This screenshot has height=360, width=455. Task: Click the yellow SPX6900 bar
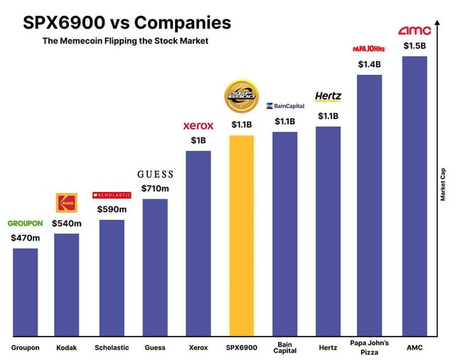click(x=242, y=235)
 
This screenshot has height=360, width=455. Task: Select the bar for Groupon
click(x=25, y=292)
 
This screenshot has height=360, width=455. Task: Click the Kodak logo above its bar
click(x=66, y=203)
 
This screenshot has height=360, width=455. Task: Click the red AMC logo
click(x=414, y=31)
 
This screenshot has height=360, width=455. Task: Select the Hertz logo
click(x=328, y=96)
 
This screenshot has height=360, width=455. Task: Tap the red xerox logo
click(x=198, y=125)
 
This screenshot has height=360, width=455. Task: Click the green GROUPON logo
click(x=25, y=223)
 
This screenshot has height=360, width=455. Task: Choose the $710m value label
click(x=155, y=189)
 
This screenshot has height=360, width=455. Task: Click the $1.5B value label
click(x=414, y=46)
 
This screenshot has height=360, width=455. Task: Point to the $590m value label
click(x=112, y=209)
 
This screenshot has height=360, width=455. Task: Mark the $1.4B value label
click(x=369, y=64)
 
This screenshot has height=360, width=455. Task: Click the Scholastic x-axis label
click(x=112, y=348)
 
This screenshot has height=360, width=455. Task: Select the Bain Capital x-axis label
click(x=284, y=348)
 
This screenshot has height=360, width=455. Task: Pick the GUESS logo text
click(x=155, y=174)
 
